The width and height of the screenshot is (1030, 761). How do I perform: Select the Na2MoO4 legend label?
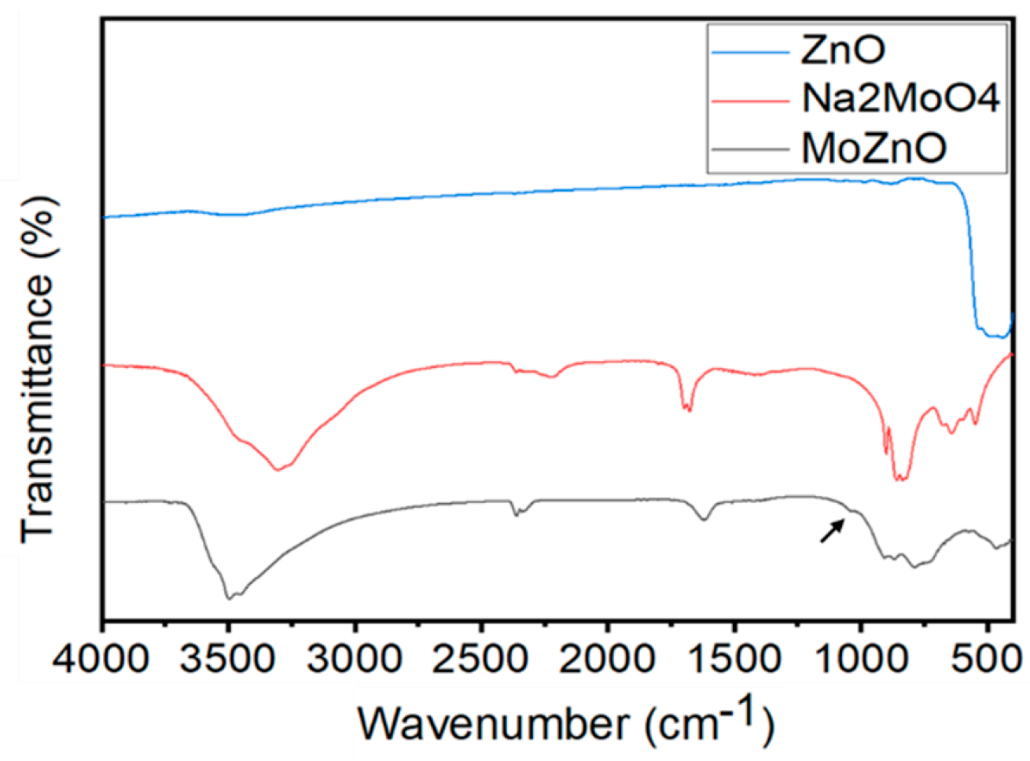tap(901, 100)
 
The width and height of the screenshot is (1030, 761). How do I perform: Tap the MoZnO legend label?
tap(874, 148)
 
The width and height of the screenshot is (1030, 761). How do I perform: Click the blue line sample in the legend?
tap(750, 52)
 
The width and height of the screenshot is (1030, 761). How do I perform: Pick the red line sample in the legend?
tap(750, 101)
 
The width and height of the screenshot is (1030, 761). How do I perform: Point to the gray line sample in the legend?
tap(750, 149)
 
